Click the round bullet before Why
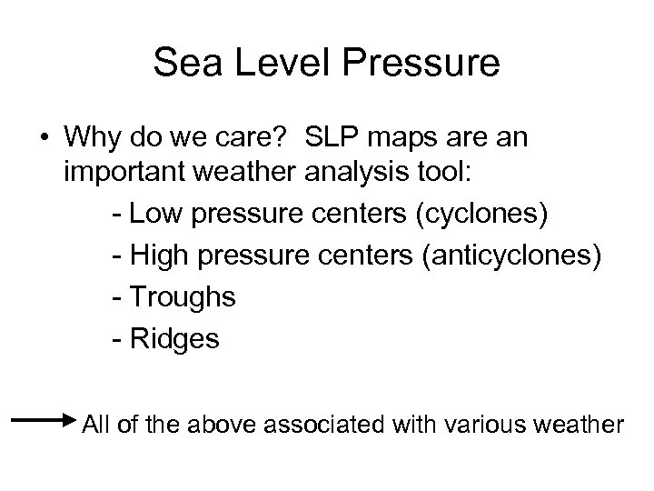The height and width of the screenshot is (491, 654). click(x=44, y=136)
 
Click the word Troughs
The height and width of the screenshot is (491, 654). click(x=182, y=297)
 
